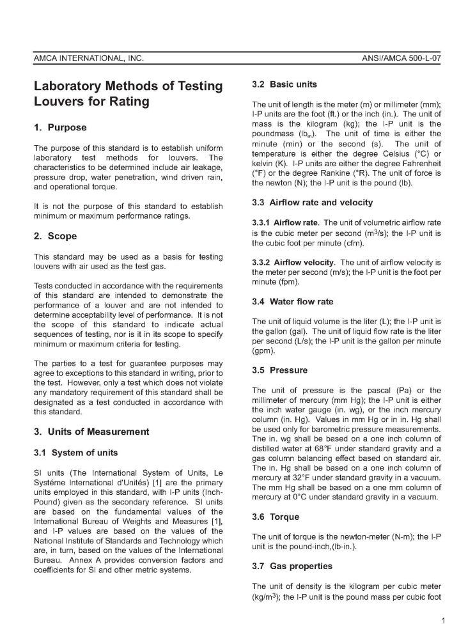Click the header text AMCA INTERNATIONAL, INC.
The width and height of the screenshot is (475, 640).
[x=89, y=59]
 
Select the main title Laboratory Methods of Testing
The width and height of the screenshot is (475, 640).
[x=128, y=86]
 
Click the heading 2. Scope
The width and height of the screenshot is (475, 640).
[x=55, y=236]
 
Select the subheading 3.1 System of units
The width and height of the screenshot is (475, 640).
[x=76, y=453]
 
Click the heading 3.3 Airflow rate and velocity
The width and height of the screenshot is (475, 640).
[x=313, y=203]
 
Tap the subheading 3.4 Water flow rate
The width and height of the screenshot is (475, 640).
[x=293, y=300]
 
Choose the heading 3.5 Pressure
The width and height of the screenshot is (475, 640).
[x=279, y=370]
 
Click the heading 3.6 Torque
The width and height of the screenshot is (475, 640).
[x=276, y=517]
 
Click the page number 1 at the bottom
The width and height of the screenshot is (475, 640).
[x=442, y=620]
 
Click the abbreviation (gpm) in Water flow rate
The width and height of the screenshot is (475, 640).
[x=264, y=351]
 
